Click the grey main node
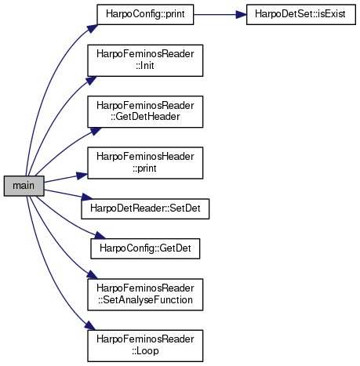coord(24,186)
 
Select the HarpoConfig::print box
coord(145,14)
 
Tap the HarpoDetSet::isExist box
coord(301,14)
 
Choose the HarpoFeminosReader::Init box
coord(145,60)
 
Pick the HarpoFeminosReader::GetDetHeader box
coord(145,112)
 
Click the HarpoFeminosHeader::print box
coord(145,163)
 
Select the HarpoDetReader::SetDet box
coord(145,208)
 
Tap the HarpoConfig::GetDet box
coord(145,248)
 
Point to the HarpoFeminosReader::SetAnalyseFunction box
coord(145,295)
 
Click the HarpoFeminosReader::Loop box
coord(145,346)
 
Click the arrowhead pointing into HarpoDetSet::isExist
coord(241,15)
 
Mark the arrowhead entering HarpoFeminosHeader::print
coord(82,176)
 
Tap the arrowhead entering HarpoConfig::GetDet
coord(100,235)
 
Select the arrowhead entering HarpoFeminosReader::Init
coord(91,81)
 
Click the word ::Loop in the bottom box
coord(145,351)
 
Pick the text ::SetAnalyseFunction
coord(145,300)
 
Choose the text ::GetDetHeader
coord(145,117)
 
